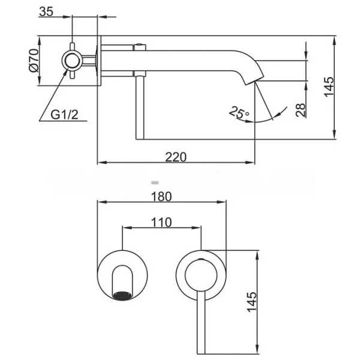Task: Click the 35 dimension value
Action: (x=46, y=11)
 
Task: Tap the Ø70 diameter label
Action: (x=34, y=61)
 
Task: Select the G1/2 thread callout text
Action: (x=64, y=115)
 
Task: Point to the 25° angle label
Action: (x=239, y=113)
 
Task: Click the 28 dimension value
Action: (x=301, y=110)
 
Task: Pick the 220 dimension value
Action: (x=176, y=157)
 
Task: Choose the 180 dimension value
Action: (x=161, y=197)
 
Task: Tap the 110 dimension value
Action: (x=161, y=222)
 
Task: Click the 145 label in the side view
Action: (x=329, y=87)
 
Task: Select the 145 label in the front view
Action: (x=252, y=302)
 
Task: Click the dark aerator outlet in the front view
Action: (x=122, y=296)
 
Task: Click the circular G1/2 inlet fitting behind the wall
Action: (x=72, y=61)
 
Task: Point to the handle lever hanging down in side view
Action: (x=140, y=107)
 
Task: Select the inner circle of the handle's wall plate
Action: (x=201, y=275)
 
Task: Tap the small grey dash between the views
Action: (x=155, y=183)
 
